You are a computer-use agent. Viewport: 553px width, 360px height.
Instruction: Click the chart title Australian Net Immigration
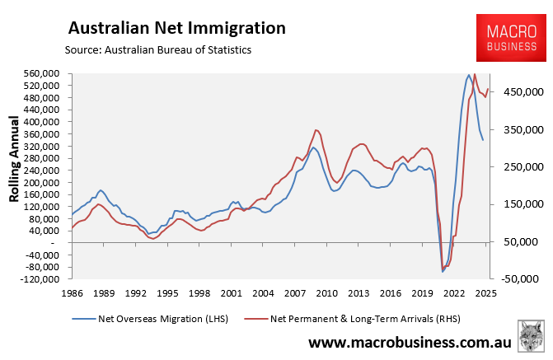coord(176,28)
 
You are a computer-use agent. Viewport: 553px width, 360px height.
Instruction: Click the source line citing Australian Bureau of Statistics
coord(157,50)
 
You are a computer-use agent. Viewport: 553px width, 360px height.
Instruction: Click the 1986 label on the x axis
coord(72,292)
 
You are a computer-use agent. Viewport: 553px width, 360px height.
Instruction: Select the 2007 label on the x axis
coord(295,292)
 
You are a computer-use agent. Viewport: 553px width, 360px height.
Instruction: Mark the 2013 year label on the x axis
coord(359,292)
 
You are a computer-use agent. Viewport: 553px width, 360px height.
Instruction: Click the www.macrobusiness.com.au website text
coord(410,342)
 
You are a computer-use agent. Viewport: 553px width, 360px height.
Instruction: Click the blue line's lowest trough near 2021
coord(443,271)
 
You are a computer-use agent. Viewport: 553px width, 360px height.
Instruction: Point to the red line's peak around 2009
coord(316,129)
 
